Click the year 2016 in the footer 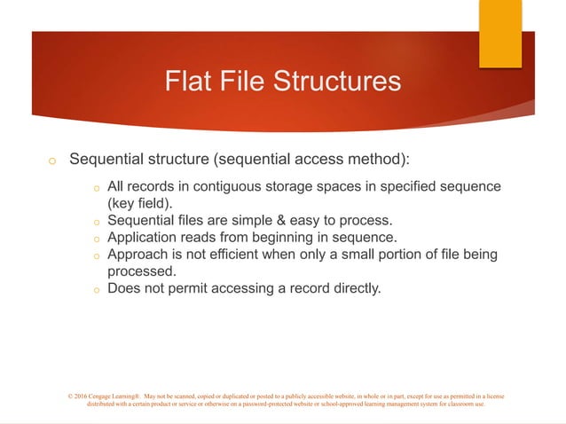(83, 395)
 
